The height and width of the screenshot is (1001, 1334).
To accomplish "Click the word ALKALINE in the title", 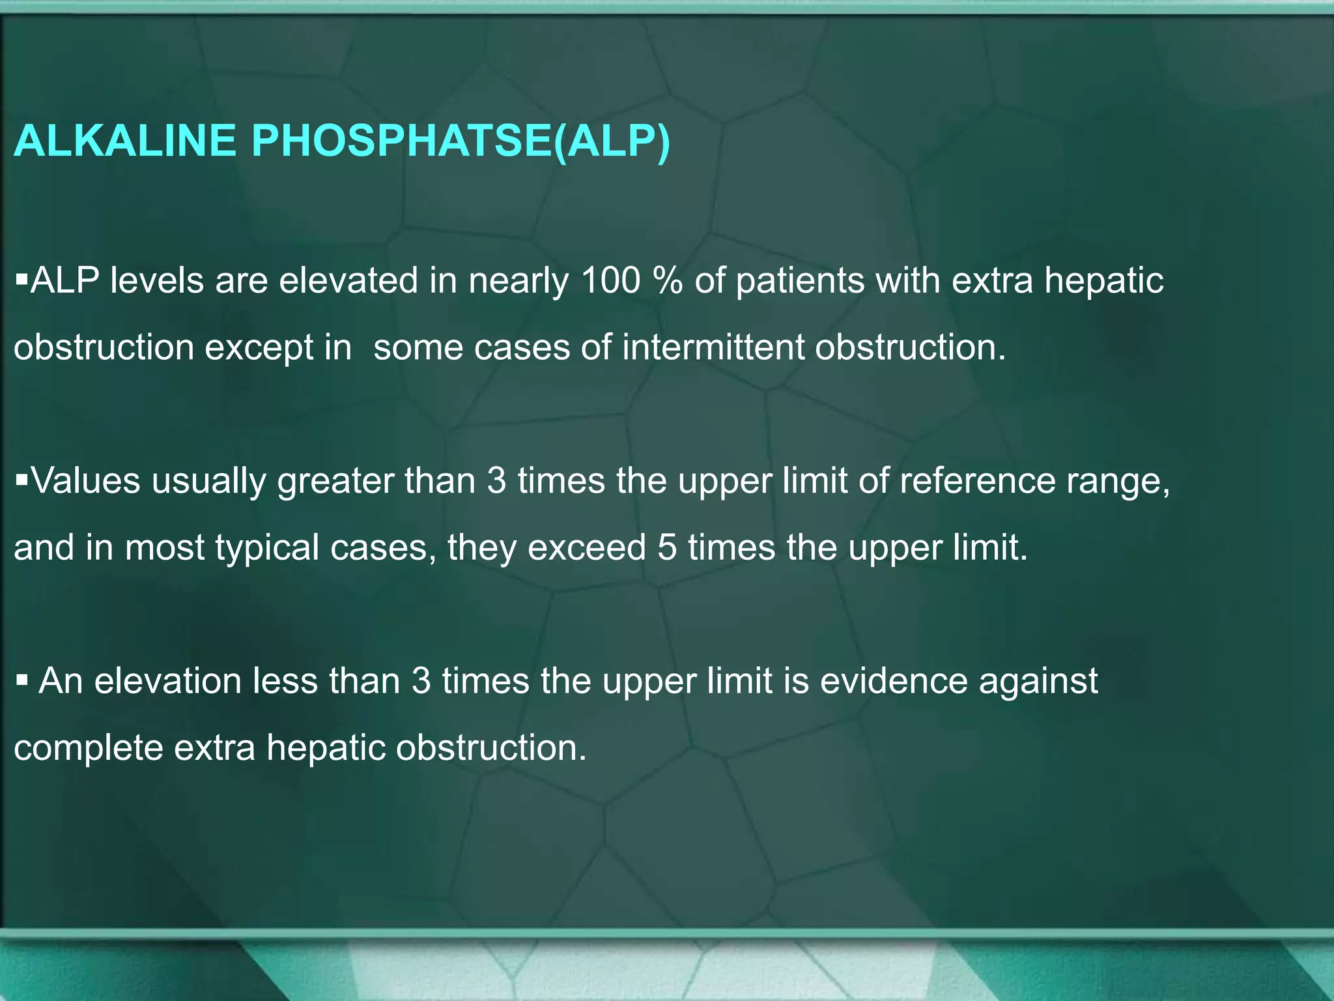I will [x=124, y=141].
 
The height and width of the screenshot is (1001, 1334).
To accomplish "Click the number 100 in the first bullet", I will [x=611, y=281].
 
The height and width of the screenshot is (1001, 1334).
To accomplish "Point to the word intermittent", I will [x=713, y=347].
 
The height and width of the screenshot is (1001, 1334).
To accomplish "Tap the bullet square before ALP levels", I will [x=21, y=280].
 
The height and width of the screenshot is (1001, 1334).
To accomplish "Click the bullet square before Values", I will [x=21, y=481].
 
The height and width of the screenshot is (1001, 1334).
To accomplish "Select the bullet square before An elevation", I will [x=21, y=681].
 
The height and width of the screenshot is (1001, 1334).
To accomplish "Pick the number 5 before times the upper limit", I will [x=667, y=547].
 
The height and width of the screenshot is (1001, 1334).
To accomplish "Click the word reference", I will [x=977, y=481].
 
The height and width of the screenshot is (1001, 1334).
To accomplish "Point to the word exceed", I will [x=586, y=547].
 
